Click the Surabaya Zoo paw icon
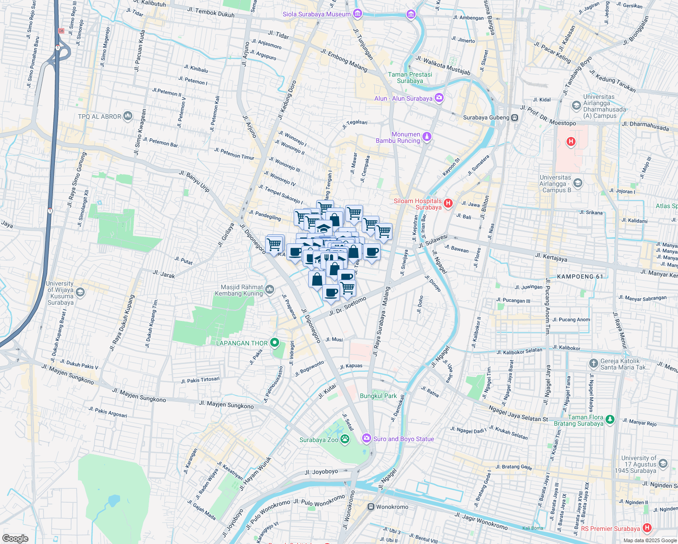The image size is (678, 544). tap(345, 439)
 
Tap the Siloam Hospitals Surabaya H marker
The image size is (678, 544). tap(448, 203)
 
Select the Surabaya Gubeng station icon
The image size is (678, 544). tap(514, 117)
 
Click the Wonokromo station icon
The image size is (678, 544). tap(371, 507)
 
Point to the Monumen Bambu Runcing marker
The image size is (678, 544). tap(426, 136)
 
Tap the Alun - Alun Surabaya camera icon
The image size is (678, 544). tap(439, 98)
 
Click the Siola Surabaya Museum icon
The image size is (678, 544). tap(357, 14)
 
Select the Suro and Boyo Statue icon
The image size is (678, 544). tap(366, 438)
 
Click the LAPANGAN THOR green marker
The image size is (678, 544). tap(274, 343)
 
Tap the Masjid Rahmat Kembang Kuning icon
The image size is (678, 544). tap(270, 289)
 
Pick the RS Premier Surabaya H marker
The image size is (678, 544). tap(647, 528)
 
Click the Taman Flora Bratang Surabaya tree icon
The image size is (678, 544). tap(610, 420)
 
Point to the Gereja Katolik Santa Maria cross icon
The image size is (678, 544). tap(593, 364)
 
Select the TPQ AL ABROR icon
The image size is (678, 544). tap(128, 117)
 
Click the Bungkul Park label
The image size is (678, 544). tap(378, 396)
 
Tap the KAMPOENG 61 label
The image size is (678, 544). tap(580, 277)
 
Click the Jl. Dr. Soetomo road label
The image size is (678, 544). tap(348, 306)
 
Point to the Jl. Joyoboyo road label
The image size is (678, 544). tap(321, 472)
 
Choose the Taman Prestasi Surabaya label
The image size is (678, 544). tap(410, 78)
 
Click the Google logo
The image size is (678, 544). tap(15, 538)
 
